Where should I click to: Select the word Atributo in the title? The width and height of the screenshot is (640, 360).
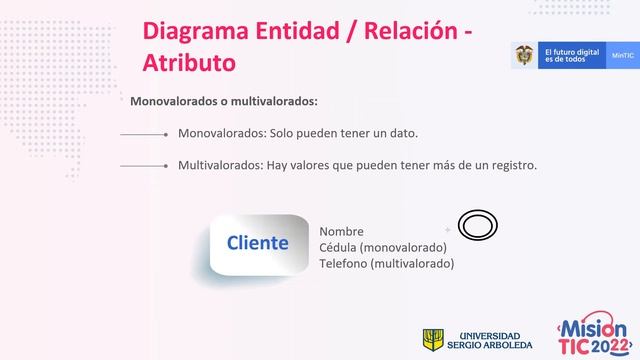pos(190,62)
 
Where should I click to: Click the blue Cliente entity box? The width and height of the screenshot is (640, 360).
pos(258,243)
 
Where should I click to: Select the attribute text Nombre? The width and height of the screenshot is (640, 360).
pos(341,232)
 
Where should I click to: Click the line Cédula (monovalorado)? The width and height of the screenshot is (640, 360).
pos(382,247)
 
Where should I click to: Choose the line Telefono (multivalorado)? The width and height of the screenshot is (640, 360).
pos(386,263)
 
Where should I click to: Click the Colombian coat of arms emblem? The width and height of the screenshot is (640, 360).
pos(524,56)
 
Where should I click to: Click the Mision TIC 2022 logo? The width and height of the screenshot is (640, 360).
pos(592,337)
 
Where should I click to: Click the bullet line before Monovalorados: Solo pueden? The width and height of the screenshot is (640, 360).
pos(142,133)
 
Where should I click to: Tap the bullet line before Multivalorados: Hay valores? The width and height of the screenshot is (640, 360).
pos(142,166)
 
